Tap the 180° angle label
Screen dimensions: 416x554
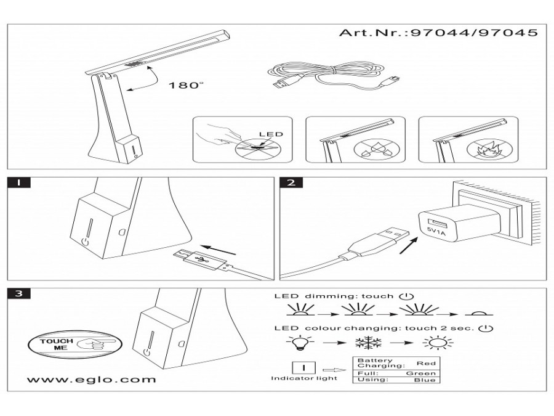coord(185,85)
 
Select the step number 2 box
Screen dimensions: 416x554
coord(291,182)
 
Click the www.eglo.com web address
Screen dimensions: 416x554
coord(92,380)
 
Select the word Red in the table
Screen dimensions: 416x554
coord(426,364)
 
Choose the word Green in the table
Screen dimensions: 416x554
coord(422,373)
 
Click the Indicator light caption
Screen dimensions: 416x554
coord(304,378)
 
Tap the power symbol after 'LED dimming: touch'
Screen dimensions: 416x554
coord(403,296)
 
